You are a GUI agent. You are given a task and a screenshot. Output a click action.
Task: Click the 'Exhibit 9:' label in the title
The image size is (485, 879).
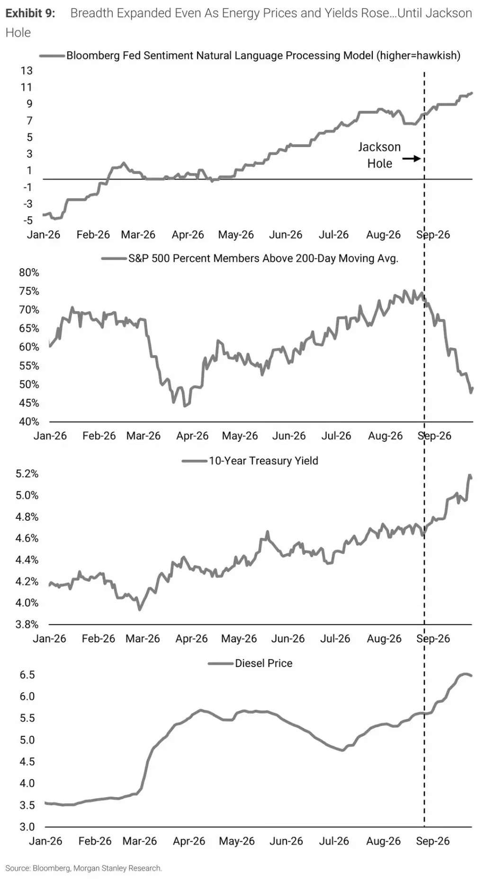(x=30, y=13)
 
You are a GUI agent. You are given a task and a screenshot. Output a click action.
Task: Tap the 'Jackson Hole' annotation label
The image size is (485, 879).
(x=379, y=155)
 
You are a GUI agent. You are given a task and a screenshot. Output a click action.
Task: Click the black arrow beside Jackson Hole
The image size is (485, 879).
(x=412, y=159)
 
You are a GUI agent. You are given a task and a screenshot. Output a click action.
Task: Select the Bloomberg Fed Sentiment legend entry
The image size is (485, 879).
(x=250, y=55)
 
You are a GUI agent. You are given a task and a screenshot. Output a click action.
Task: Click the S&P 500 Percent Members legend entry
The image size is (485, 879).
(x=250, y=258)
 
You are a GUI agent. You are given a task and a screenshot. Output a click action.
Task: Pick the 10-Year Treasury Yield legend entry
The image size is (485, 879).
(x=250, y=461)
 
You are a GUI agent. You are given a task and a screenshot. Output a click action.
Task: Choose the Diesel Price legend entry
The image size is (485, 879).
(x=250, y=663)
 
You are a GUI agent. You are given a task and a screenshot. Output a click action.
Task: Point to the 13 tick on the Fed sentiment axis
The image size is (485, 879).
(x=27, y=71)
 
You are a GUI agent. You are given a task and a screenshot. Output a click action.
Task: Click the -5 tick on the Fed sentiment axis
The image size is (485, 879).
(x=28, y=220)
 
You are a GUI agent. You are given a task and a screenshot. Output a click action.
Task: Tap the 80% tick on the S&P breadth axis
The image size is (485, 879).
(x=29, y=272)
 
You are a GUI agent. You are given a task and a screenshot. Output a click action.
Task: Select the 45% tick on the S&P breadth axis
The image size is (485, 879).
(x=29, y=403)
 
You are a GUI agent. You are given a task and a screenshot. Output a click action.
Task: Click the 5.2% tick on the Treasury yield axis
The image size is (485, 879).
(x=27, y=474)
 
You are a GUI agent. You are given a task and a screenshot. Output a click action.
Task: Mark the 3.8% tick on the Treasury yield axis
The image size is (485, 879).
(x=27, y=625)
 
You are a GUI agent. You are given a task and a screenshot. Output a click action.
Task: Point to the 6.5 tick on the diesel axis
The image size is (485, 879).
(x=27, y=675)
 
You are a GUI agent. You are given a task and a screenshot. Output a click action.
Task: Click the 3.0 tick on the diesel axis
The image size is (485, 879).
(x=27, y=827)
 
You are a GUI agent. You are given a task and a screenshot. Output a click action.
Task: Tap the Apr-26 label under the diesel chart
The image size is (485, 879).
(x=189, y=841)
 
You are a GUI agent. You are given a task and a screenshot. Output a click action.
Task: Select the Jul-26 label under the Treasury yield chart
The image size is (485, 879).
(x=335, y=639)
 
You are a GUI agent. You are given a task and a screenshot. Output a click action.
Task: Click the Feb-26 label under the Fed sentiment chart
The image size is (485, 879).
(x=93, y=235)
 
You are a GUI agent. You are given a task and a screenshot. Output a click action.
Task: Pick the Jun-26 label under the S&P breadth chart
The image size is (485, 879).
(x=289, y=436)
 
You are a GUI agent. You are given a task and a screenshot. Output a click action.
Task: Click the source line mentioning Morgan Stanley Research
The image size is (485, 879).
(x=84, y=868)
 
